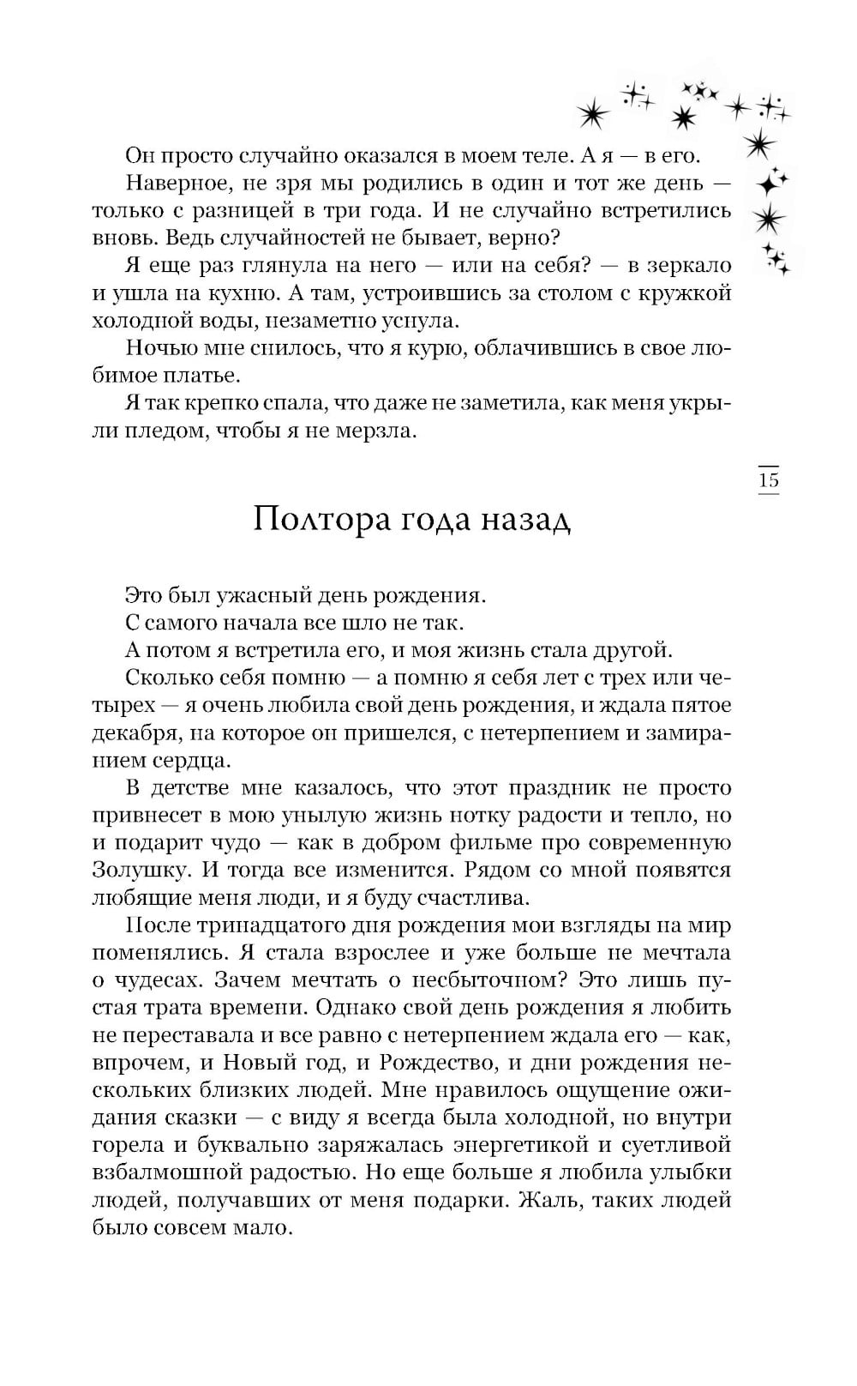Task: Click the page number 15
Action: pos(769,480)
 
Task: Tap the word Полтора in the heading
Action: pos(315,521)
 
